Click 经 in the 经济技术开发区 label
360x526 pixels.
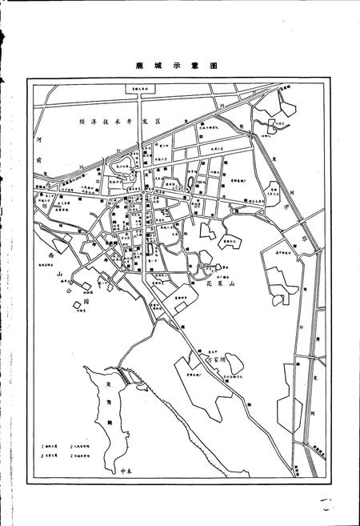click(82, 121)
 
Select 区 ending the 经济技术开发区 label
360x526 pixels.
click(158, 121)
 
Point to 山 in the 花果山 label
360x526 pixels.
click(233, 283)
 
